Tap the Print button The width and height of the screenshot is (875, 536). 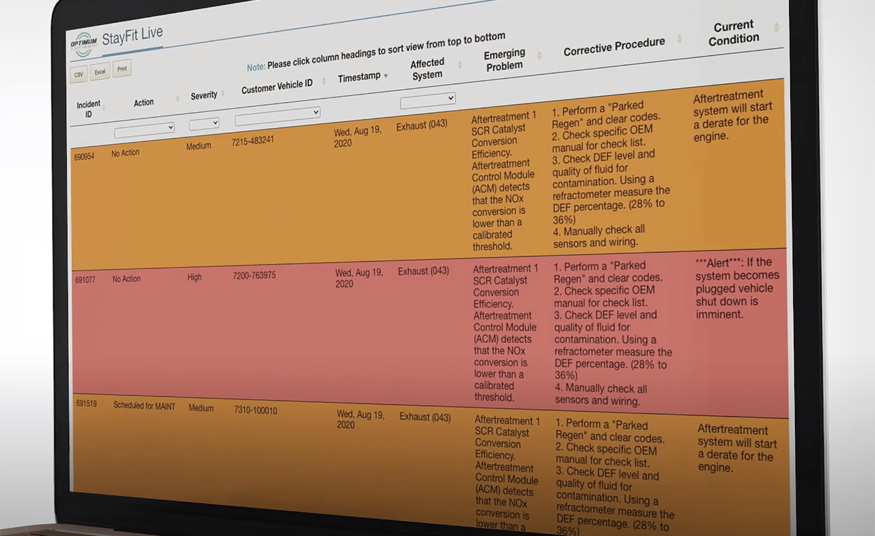pos(122,69)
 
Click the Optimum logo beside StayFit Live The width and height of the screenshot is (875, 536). pos(84,44)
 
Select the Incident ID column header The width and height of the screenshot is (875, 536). pos(88,109)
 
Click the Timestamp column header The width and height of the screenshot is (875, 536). pos(359,78)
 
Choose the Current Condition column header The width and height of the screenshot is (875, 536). pos(733,32)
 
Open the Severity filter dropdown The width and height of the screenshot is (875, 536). pos(204,123)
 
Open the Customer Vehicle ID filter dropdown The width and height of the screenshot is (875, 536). pos(277,114)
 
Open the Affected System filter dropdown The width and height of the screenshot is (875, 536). pos(427,99)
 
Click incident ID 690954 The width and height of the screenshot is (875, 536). pos(84,156)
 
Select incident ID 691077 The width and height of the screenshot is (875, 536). pos(86,280)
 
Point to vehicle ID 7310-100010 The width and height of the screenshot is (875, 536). pos(256,410)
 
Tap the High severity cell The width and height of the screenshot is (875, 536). pos(194,277)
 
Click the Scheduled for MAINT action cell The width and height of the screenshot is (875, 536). pos(144,406)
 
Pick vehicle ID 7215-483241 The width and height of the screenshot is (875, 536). pos(252,141)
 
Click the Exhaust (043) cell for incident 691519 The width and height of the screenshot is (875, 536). pos(425,417)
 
